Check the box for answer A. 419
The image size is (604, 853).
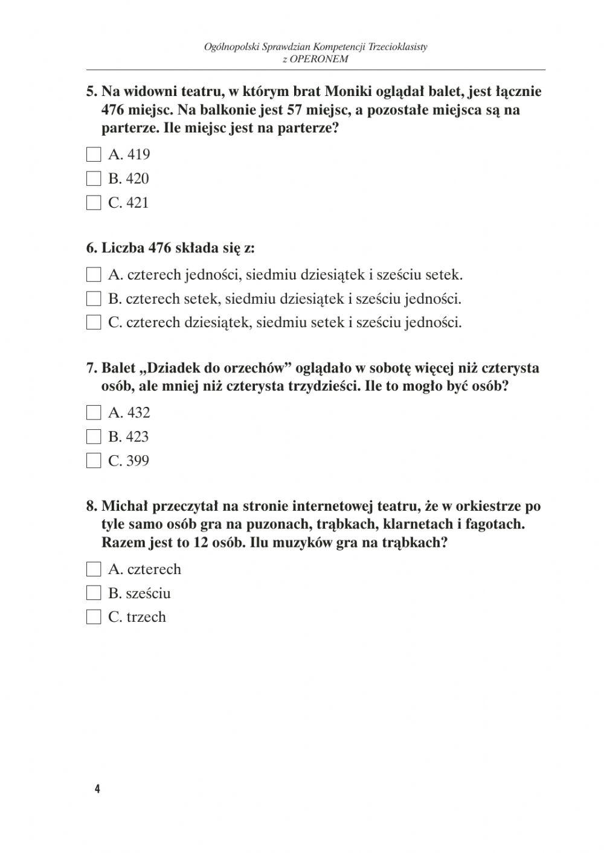[x=94, y=155]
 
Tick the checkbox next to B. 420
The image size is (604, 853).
[x=94, y=179]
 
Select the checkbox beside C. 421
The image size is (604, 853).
[x=94, y=203]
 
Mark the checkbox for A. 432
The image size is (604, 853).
[x=94, y=413]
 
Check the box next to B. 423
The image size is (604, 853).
[x=94, y=436]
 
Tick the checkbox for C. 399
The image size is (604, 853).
[x=94, y=461]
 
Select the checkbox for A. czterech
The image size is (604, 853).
[x=94, y=569]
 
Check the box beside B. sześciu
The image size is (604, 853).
[x=94, y=593]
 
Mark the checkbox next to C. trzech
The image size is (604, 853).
[x=94, y=617]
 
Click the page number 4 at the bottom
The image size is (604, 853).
[x=97, y=789]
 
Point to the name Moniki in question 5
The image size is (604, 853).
[x=349, y=92]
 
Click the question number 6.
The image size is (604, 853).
[x=91, y=248]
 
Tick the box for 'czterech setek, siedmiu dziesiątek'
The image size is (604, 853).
[x=94, y=299]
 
